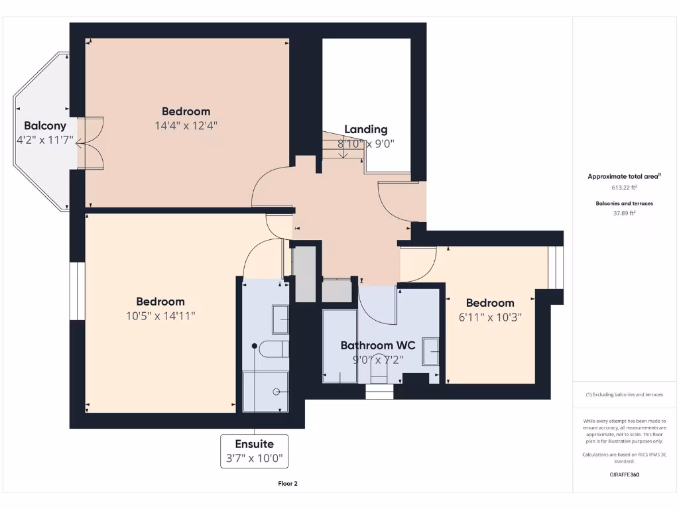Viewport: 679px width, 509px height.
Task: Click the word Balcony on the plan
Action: (x=45, y=125)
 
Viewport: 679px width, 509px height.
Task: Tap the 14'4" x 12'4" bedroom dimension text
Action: (x=186, y=125)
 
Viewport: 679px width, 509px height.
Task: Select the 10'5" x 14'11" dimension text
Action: (x=160, y=315)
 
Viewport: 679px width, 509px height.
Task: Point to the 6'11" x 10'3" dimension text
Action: (x=490, y=317)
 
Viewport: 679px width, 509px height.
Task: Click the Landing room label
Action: (x=365, y=129)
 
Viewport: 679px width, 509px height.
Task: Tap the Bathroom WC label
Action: (x=377, y=345)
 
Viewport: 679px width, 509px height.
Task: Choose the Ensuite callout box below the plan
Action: (x=254, y=451)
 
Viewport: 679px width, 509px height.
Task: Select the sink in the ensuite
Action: (x=280, y=319)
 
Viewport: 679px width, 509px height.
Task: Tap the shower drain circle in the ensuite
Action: (x=277, y=391)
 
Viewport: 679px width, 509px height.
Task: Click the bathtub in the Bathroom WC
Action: (x=339, y=346)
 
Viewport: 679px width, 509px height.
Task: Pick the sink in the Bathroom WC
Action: (x=431, y=351)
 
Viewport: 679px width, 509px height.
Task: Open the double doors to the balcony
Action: (x=90, y=142)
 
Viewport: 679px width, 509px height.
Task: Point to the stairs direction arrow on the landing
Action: (x=343, y=152)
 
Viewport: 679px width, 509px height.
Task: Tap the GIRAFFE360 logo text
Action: (x=624, y=475)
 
